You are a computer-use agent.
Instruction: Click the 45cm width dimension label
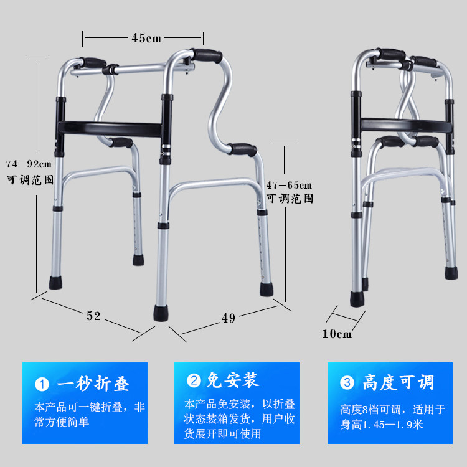[146, 39]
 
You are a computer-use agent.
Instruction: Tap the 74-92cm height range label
[29, 164]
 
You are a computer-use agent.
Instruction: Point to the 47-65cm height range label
[289, 185]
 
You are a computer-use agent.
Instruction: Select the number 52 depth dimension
[93, 316]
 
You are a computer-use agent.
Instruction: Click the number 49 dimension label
[229, 318]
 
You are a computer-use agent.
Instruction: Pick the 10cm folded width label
[337, 334]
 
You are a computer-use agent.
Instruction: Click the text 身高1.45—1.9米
[382, 425]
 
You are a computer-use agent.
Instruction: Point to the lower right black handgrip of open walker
[242, 149]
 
